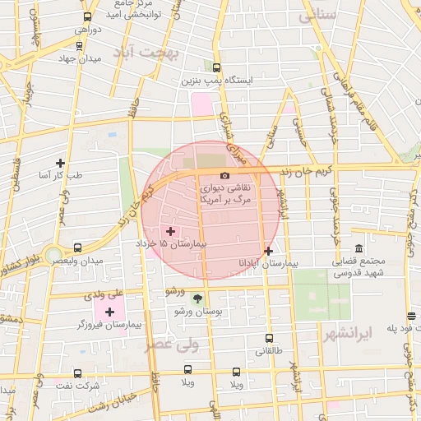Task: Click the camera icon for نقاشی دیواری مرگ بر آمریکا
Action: (x=225, y=175)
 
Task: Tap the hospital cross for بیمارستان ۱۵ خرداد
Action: (x=170, y=231)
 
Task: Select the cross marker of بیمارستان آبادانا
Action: (x=268, y=250)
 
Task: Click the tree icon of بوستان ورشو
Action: (x=197, y=298)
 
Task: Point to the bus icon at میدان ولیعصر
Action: (x=77, y=247)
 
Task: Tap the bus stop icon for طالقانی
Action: (x=269, y=337)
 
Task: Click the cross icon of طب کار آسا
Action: (x=60, y=162)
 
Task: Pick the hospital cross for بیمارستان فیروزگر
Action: (x=109, y=311)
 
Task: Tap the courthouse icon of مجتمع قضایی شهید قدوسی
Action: (x=359, y=248)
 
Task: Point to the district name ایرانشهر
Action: (x=348, y=333)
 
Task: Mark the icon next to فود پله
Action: (x=410, y=317)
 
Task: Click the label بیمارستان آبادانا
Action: (x=269, y=263)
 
